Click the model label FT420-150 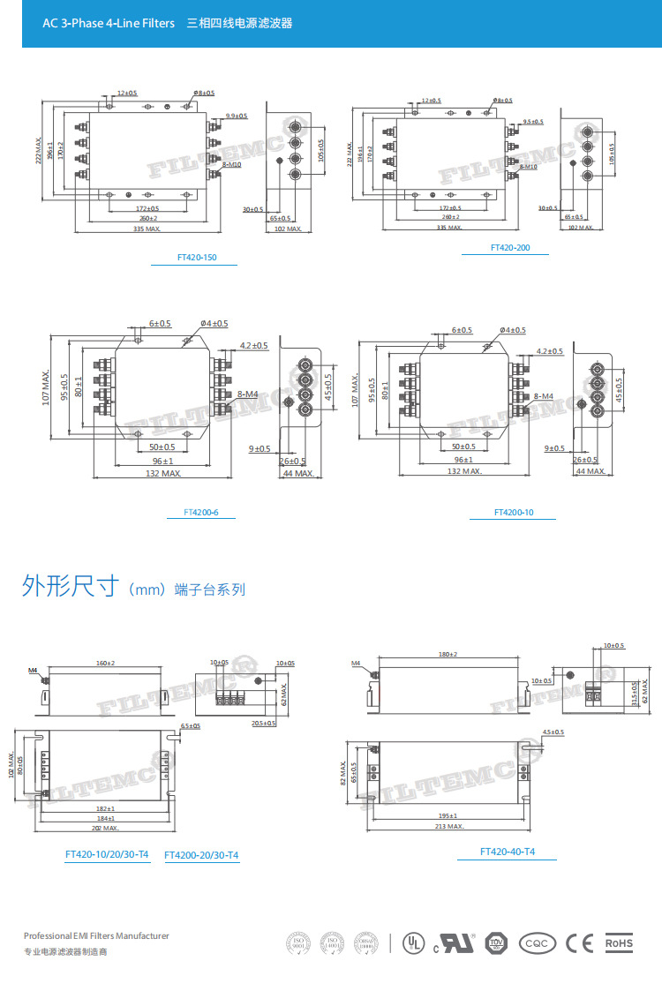pos(196,258)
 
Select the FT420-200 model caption pos(510,248)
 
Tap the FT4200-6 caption pos(200,512)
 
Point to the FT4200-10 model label pos(514,512)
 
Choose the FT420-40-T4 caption pos(508,852)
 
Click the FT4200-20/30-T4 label pos(201,855)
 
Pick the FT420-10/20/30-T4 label pos(107,855)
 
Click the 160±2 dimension pos(106,663)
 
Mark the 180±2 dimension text pos(448,654)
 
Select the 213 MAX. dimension pos(450,826)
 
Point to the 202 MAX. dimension pos(106,828)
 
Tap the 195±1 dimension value pos(448,815)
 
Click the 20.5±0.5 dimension pos(263,723)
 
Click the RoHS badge pos(619,943)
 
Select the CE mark pos(579,943)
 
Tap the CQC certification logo pos(538,943)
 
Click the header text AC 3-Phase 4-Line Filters pos(109,23)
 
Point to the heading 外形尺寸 pos(71,587)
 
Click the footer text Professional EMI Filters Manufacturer pos(96,935)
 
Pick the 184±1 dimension pos(104,818)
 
